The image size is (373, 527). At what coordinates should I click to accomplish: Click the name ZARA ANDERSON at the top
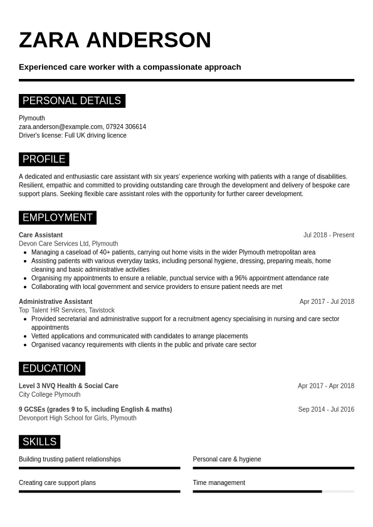pyautogui.click(x=115, y=40)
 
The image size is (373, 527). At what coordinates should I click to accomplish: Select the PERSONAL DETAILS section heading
pyautogui.click(x=71, y=101)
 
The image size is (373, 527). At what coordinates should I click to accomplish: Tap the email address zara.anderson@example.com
pyautogui.click(x=61, y=127)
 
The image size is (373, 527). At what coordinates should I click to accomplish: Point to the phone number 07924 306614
pyautogui.click(x=126, y=127)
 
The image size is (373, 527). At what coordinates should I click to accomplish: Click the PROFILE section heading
pyautogui.click(x=44, y=159)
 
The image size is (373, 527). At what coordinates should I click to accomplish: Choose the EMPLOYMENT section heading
pyautogui.click(x=57, y=218)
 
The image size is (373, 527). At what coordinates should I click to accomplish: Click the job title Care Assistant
pyautogui.click(x=41, y=235)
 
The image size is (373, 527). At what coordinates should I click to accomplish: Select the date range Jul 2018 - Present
pyautogui.click(x=328, y=235)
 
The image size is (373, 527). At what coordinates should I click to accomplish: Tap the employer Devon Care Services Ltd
pyautogui.click(x=53, y=244)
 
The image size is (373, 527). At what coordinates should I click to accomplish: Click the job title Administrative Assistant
pyautogui.click(x=55, y=301)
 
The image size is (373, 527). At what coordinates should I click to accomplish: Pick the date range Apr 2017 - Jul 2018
pyautogui.click(x=327, y=301)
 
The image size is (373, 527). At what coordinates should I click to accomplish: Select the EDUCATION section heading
pyautogui.click(x=51, y=368)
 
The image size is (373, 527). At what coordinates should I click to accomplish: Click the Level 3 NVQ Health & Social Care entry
pyautogui.click(x=68, y=386)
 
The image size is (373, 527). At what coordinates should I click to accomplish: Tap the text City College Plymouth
pyautogui.click(x=50, y=395)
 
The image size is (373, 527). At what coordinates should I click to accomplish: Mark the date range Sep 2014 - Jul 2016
pyautogui.click(x=326, y=409)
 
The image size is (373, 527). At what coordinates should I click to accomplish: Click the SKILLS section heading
pyautogui.click(x=39, y=442)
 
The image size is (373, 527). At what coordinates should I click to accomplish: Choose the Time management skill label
pyautogui.click(x=219, y=483)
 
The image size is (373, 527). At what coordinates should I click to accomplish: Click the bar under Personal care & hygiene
pyautogui.click(x=273, y=468)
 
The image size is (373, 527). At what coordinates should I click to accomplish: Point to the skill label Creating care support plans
pyautogui.click(x=57, y=483)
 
